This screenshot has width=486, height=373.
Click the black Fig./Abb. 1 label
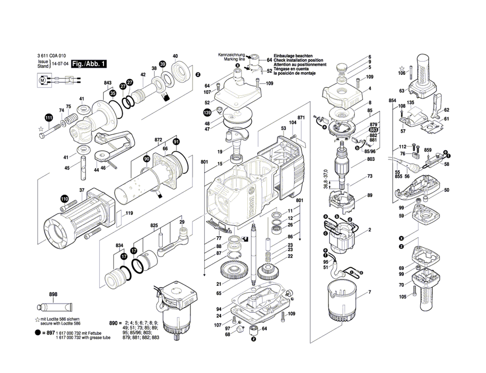pos(88,64)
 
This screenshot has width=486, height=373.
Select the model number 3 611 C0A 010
pos(52,57)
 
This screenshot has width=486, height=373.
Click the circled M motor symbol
pos(42,79)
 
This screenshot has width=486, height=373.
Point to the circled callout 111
pos(49,118)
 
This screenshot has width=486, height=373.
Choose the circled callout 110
pos(64,199)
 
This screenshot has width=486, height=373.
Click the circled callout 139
pos(208,113)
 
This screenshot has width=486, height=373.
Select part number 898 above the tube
pos(53,295)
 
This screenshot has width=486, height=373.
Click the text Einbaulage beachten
pos(293,56)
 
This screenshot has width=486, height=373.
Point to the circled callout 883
pos(373,130)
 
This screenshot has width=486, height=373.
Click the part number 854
pos(393,100)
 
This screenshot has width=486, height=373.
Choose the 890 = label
pos(114,323)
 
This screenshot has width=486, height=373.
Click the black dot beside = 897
pos(37,333)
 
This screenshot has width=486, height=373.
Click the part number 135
pos(410,103)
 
